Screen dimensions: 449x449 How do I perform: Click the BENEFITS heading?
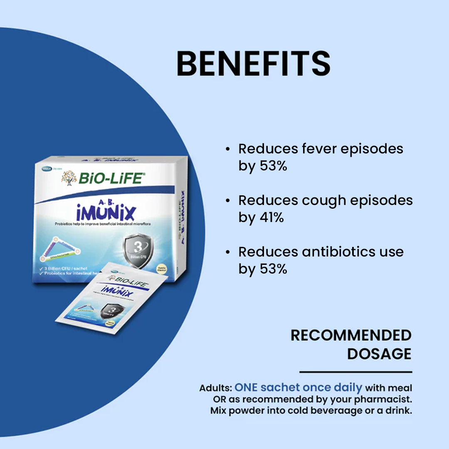tap(253, 64)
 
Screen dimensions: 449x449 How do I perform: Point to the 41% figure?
tap(271, 217)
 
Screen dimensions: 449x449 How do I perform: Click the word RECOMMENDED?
tap(351, 335)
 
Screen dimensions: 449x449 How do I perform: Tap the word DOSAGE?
tap(379, 354)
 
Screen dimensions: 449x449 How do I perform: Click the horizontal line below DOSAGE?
tap(355, 372)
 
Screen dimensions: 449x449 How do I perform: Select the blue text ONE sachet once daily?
tap(298, 387)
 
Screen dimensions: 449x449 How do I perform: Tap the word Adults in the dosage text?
tap(216, 388)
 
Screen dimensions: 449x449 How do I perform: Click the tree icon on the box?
tap(69, 178)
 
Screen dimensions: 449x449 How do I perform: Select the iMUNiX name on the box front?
tap(106, 212)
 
